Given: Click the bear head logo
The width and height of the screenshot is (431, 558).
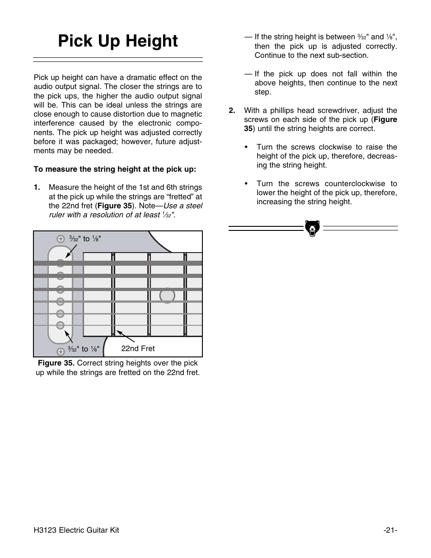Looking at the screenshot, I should pos(312,228).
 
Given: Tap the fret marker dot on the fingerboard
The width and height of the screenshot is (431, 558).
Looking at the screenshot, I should pos(167,295).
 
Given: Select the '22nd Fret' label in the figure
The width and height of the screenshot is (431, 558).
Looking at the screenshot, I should pos(138,348).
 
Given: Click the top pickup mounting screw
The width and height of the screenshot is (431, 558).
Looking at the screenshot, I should pos(61,239).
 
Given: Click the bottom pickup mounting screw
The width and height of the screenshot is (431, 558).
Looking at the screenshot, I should pos(61,352).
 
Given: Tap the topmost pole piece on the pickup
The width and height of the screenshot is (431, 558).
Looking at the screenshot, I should pos(60,263).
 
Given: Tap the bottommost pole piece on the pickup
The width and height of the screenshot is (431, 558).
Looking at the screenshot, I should pos(60,325).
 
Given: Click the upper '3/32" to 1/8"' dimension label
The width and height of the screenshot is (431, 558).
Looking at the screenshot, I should pos(85,239).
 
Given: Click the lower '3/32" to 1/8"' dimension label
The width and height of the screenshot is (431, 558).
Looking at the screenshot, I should pos(84,349).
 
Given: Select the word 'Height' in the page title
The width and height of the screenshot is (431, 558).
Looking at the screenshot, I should pos(151,41).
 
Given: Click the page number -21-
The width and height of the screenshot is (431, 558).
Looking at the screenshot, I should pos(390,530).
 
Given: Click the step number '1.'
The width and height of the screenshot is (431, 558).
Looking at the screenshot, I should pos(37,187).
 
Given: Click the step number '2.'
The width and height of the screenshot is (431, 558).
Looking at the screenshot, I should pos(232,110).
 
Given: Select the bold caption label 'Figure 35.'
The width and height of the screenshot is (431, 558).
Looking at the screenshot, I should pos(56,363).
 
